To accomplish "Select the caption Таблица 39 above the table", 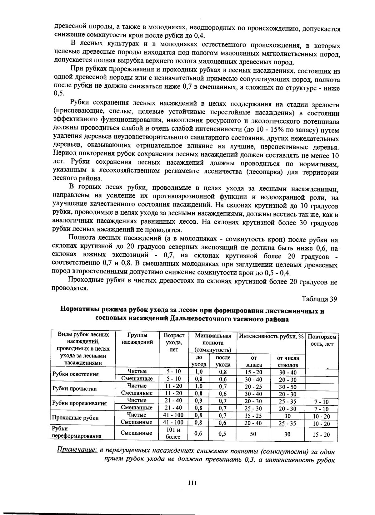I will (319, 299).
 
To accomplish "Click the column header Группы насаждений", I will (137, 338).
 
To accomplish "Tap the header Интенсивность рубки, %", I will (271, 336).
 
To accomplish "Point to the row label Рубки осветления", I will (75, 374).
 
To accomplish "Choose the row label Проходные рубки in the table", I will (75, 418).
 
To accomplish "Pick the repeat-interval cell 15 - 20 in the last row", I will (321, 435).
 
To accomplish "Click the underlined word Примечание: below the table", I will (77, 451).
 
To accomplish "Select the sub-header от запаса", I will (253, 362).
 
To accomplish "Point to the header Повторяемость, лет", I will (322, 340).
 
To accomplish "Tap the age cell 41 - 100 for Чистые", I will (173, 415).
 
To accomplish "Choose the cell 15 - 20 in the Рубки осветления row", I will (253, 372).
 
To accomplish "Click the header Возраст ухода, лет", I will (174, 342).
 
